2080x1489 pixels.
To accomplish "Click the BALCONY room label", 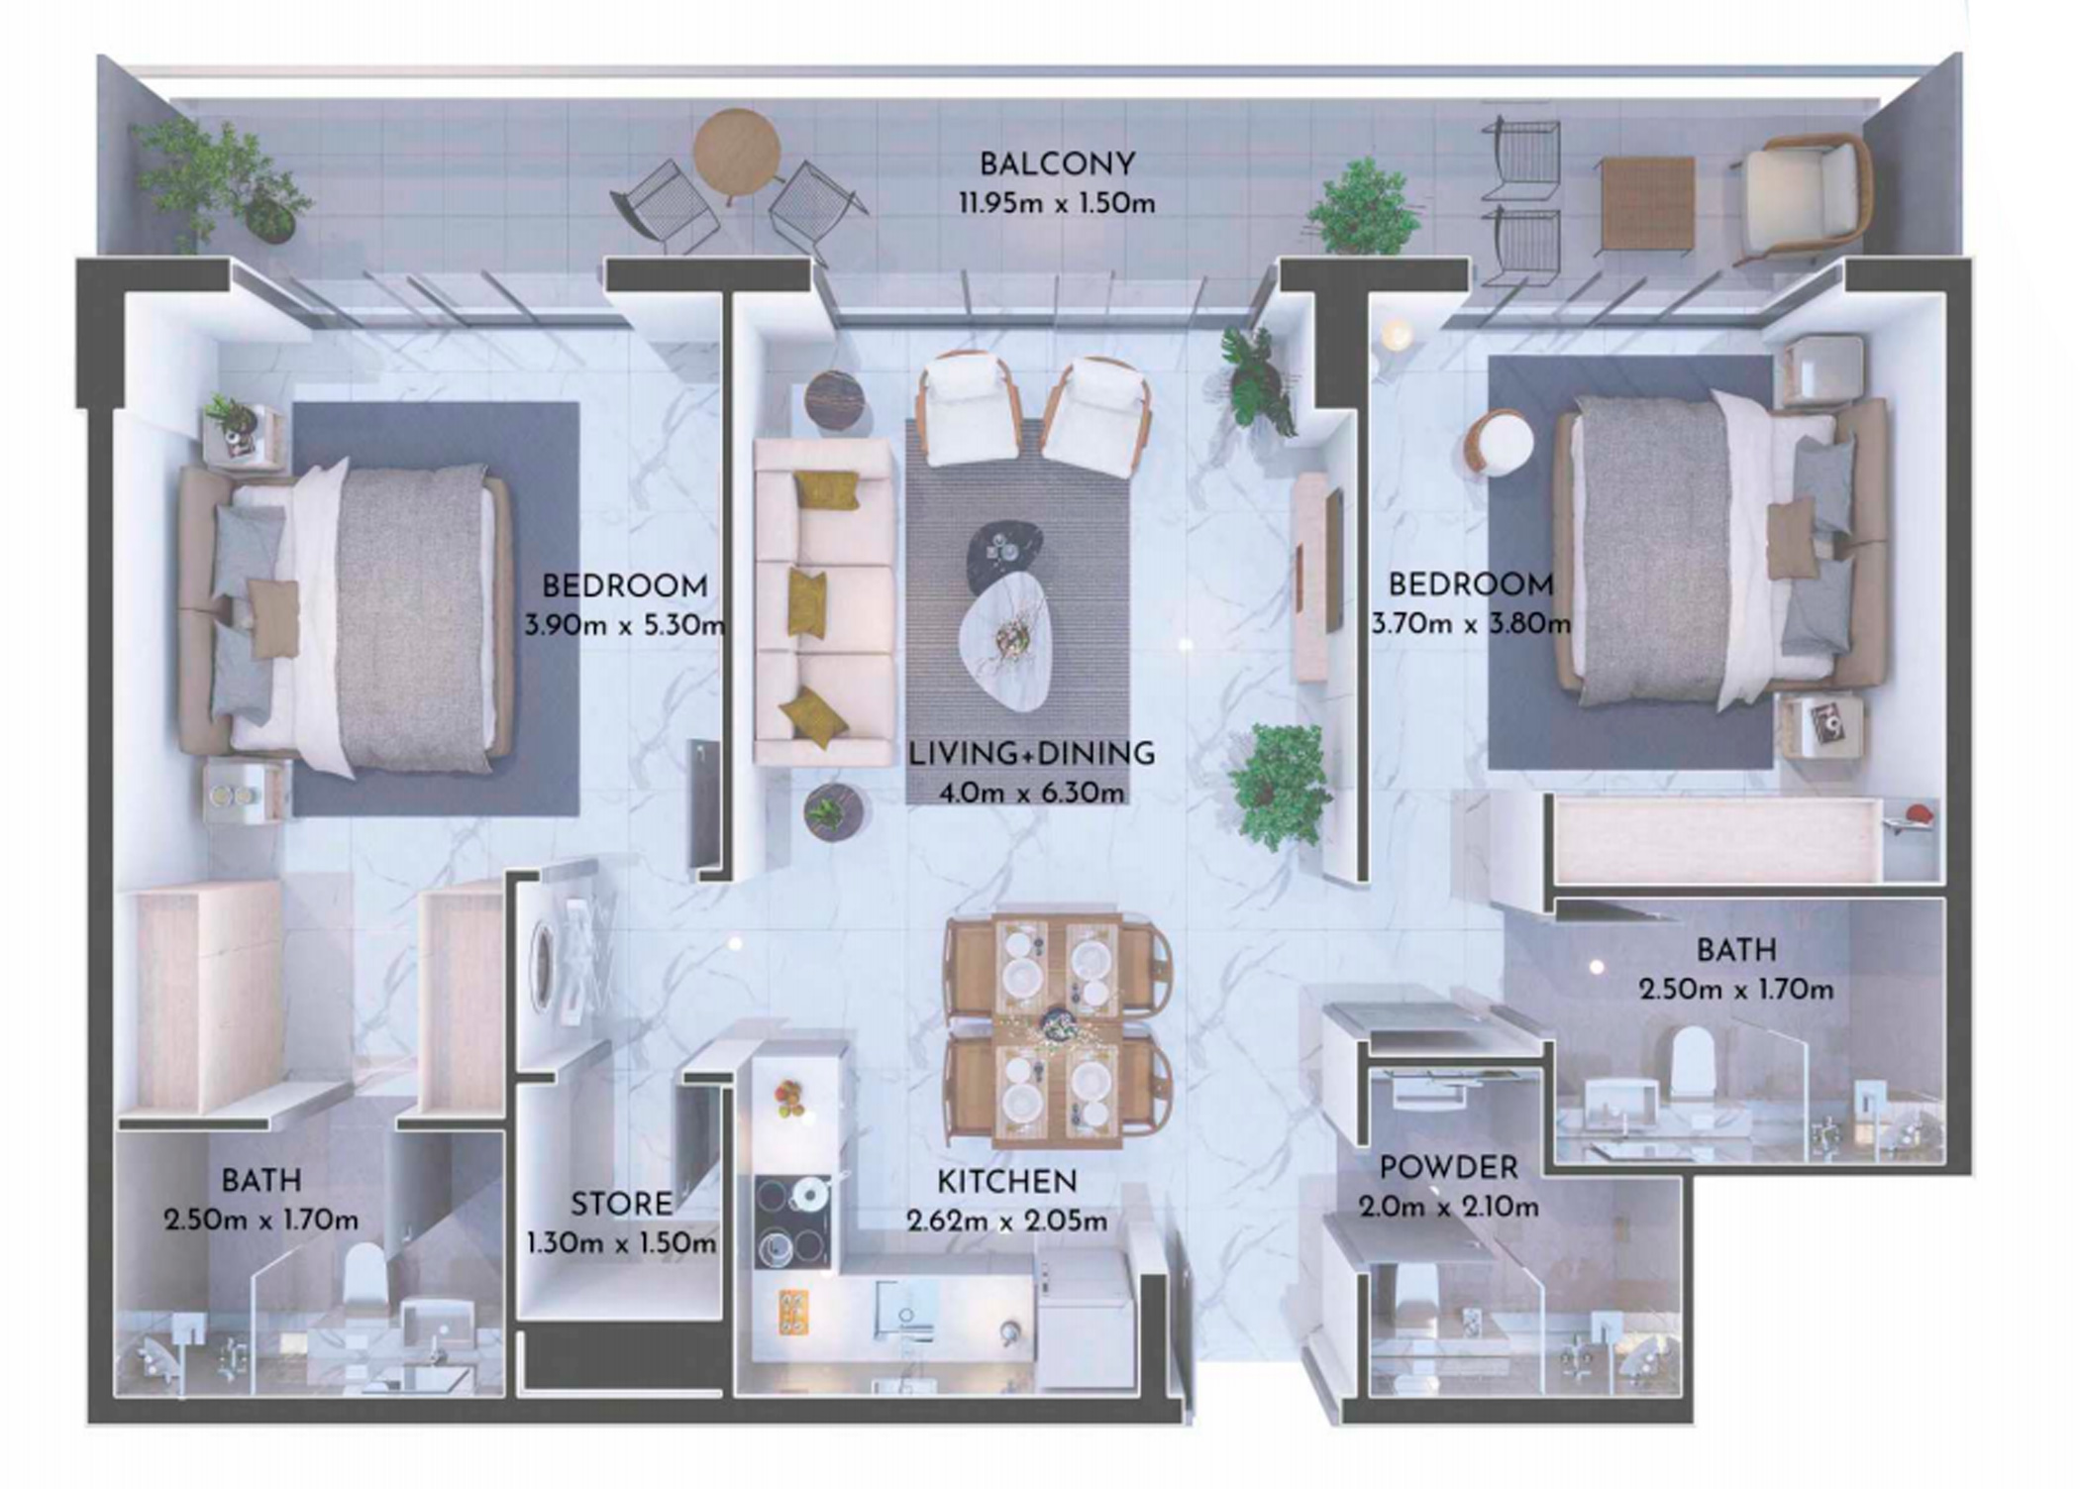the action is [x=1056, y=163].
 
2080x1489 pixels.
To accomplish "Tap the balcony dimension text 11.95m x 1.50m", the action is [x=1056, y=204].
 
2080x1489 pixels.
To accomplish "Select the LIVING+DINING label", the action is [x=1031, y=754].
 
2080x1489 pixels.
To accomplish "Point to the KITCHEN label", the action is [x=1006, y=1182].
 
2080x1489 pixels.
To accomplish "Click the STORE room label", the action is [x=621, y=1204].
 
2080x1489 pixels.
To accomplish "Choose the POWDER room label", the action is [x=1448, y=1168].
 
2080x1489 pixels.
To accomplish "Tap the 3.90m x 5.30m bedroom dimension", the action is [x=624, y=626].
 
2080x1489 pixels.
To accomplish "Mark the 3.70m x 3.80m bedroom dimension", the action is [x=1470, y=624].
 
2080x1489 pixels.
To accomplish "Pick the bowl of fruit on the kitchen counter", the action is [x=788, y=1098].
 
